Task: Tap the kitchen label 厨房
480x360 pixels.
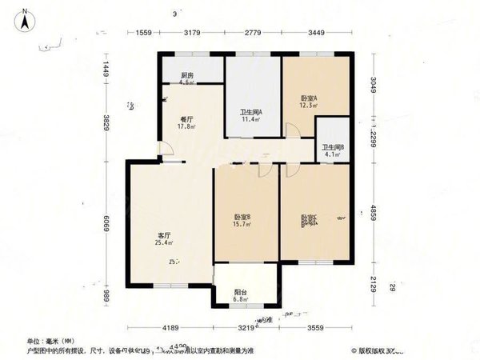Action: point(166,78)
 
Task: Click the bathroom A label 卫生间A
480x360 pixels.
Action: point(253,115)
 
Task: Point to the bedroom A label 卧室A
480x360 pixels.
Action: point(309,101)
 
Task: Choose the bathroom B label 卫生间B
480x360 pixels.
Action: point(333,150)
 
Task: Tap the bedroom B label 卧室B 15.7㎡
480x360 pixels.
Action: point(242,220)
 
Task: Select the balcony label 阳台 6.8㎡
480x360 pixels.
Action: point(239,297)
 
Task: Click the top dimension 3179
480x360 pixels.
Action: point(192,33)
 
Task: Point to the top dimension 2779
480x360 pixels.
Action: point(253,33)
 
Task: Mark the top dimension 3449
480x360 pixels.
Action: point(318,33)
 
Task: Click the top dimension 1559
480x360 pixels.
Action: point(143,33)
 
